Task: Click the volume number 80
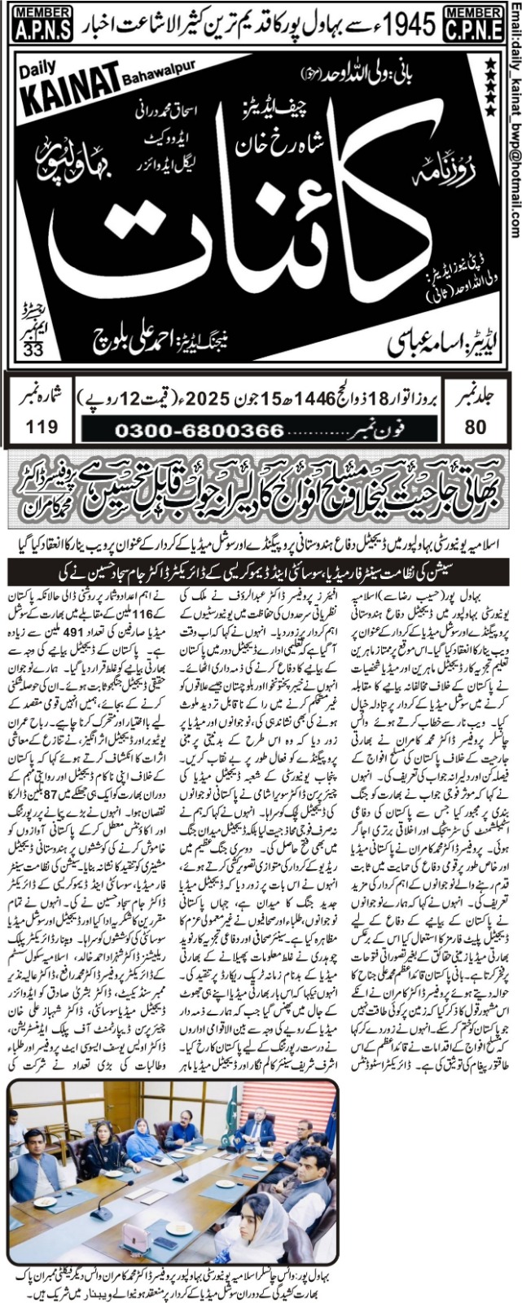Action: pyautogui.click(x=476, y=426)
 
